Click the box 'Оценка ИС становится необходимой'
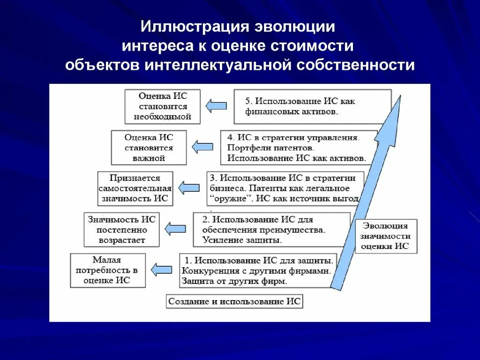163,106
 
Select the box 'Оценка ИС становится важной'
149,148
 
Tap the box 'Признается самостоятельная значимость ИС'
135,188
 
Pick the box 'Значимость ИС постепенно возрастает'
122,230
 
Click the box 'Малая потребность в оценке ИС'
107,270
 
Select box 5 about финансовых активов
312,107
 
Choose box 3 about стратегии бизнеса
285,188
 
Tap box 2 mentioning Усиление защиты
271,230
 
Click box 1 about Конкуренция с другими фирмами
258,270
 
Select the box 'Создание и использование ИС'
234,301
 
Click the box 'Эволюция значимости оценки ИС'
386,236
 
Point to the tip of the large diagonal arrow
400,97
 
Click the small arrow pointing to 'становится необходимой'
216,106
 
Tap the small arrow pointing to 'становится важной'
202,147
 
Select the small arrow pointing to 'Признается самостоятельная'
189,188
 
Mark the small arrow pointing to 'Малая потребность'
161,270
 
